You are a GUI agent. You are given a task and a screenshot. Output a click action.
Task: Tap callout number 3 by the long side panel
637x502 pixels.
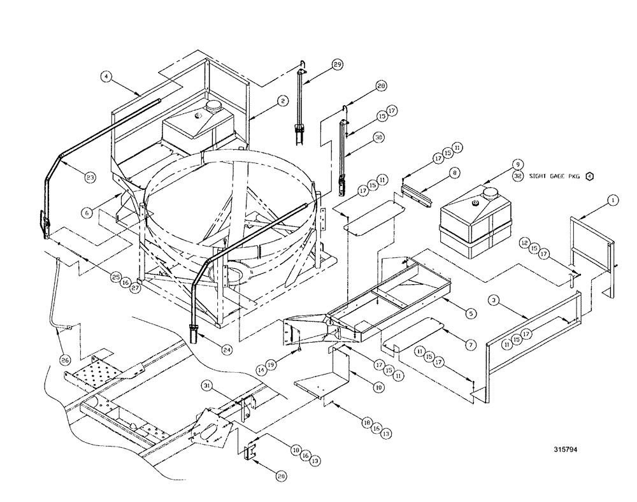pos(495,299)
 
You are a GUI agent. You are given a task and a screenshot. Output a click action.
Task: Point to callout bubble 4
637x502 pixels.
pos(107,76)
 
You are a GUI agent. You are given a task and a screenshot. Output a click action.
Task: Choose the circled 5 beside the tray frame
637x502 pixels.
pos(470,313)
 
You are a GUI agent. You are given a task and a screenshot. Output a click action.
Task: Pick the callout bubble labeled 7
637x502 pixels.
pos(470,344)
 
